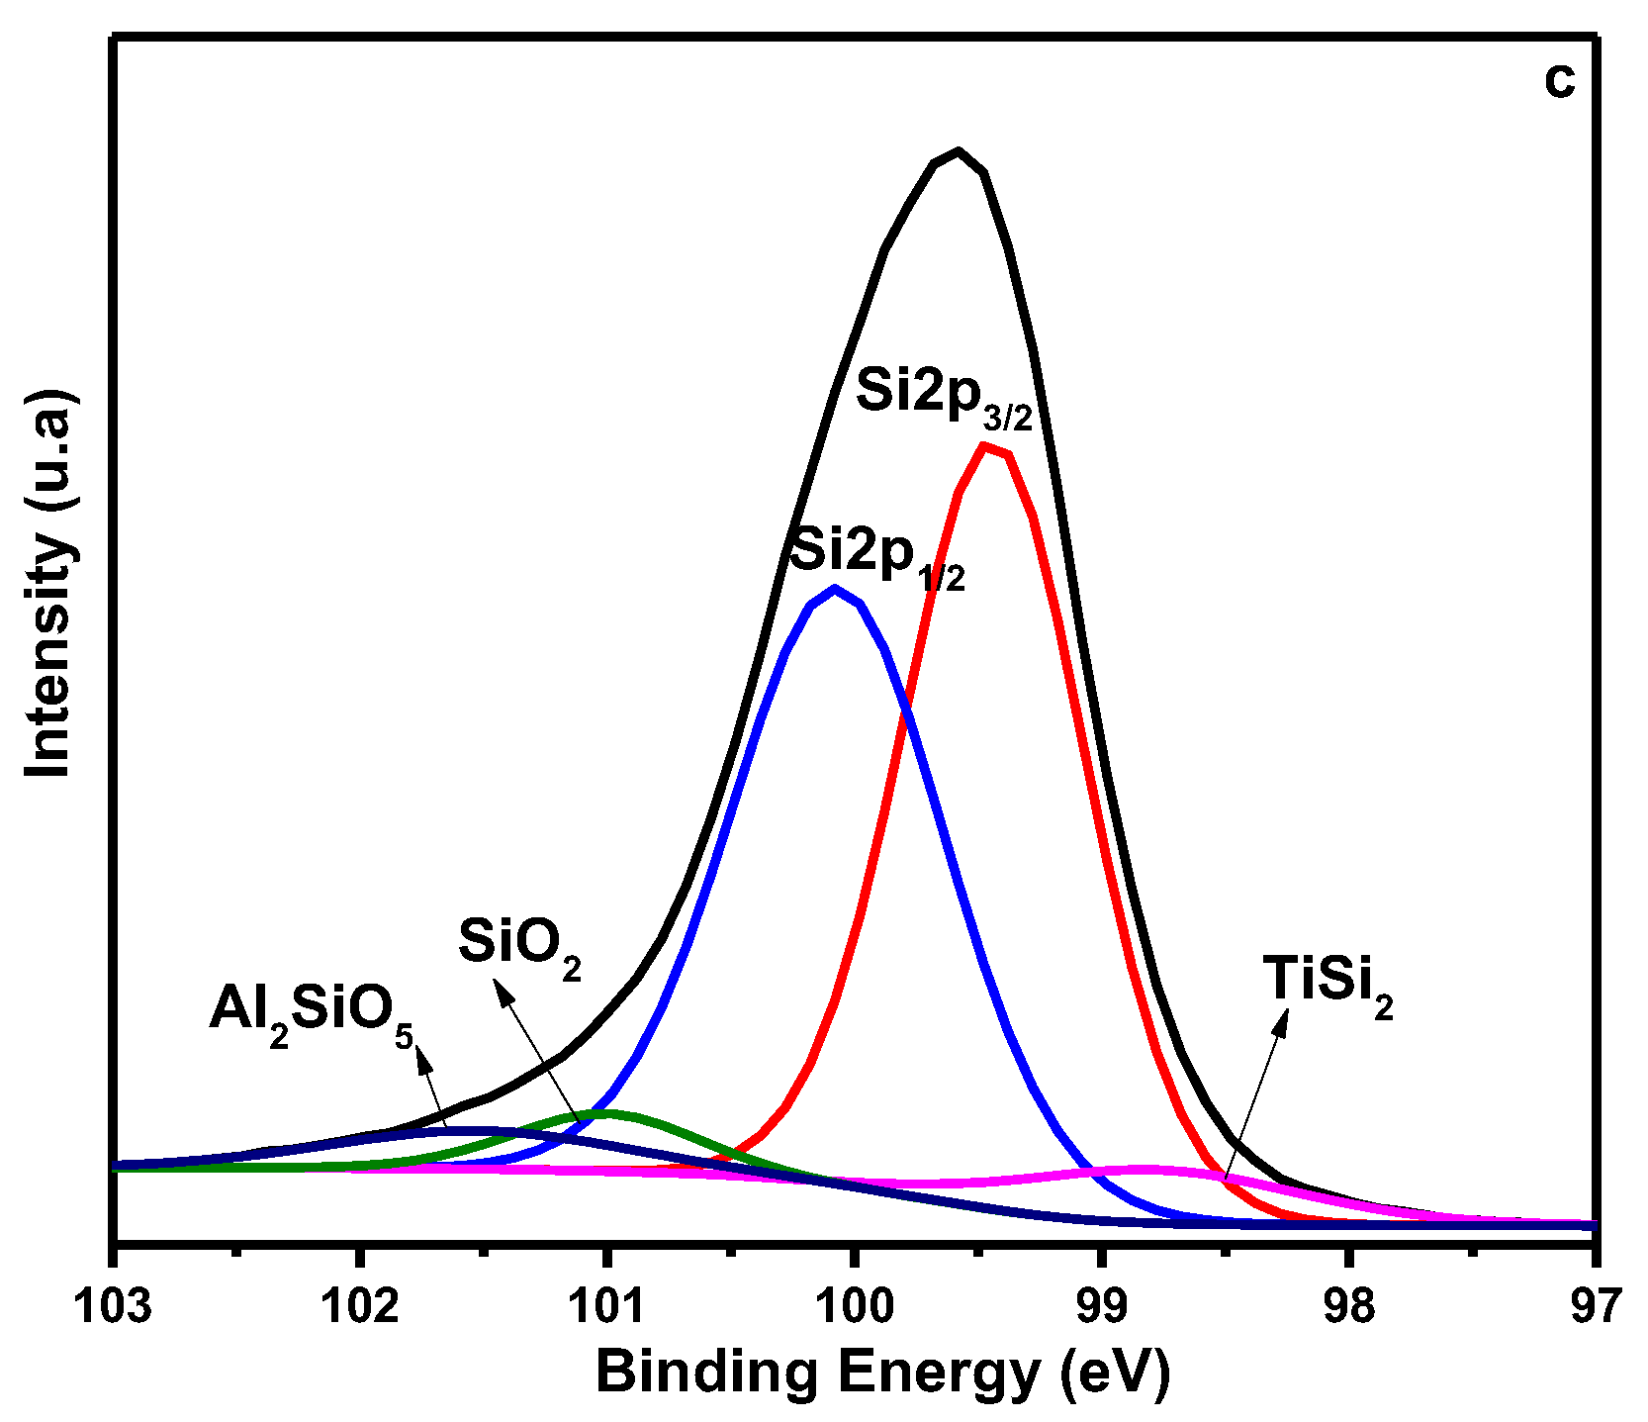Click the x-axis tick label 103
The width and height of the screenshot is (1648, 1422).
(x=114, y=1306)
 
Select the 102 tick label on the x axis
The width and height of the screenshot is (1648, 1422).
(x=361, y=1306)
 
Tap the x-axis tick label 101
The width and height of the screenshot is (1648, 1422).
(x=607, y=1306)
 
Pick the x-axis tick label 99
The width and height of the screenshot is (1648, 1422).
(x=1102, y=1306)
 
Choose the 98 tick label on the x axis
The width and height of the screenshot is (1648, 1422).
(x=1349, y=1306)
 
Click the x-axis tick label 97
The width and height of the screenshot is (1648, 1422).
(x=1595, y=1306)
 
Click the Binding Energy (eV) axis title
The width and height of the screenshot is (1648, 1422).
(x=882, y=1374)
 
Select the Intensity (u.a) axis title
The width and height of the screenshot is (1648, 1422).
(x=49, y=584)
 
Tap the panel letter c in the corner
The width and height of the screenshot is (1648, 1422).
(x=1559, y=81)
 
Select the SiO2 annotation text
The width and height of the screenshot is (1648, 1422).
(x=519, y=946)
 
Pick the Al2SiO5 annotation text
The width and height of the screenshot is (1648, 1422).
(x=311, y=1014)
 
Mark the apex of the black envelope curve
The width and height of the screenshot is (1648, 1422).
(x=958, y=150)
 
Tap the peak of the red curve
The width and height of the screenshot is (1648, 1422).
(x=983, y=445)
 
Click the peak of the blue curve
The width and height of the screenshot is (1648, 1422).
(x=836, y=588)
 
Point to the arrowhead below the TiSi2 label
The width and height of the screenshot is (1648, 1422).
(x=1283, y=1021)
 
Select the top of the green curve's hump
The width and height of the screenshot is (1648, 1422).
(x=606, y=1112)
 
